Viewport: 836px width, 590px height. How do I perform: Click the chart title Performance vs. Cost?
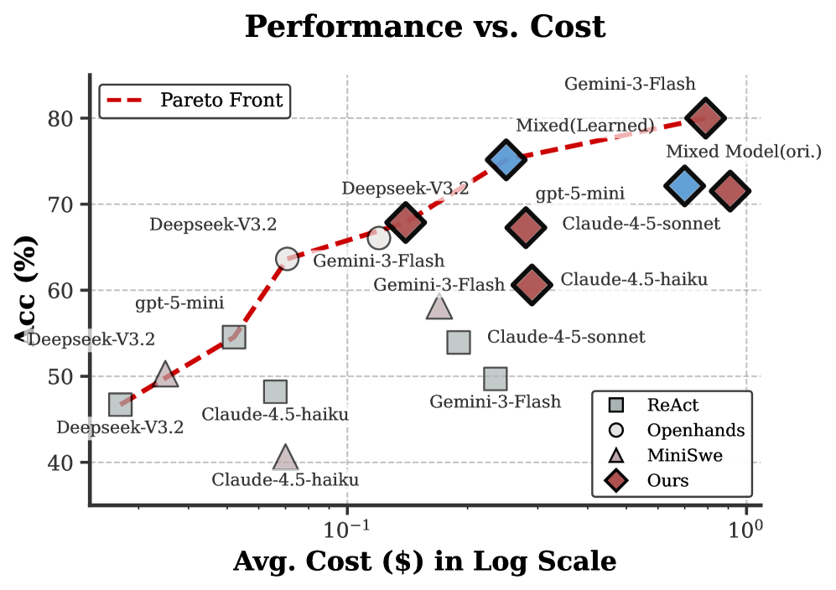[x=424, y=27]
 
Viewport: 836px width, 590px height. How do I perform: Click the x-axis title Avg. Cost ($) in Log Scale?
[x=424, y=561]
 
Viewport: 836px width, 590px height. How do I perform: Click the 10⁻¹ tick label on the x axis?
[x=346, y=531]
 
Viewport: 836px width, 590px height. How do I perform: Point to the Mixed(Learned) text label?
[x=584, y=126]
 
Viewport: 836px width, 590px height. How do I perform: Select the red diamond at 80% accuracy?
[x=705, y=118]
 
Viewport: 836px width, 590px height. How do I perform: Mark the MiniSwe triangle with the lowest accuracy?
[x=286, y=458]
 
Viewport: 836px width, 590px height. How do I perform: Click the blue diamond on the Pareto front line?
[x=506, y=159]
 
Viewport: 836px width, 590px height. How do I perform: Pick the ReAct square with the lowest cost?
[x=121, y=405]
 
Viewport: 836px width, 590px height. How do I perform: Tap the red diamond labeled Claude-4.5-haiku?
[x=532, y=284]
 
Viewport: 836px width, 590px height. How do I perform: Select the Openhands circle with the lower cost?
[x=287, y=258]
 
